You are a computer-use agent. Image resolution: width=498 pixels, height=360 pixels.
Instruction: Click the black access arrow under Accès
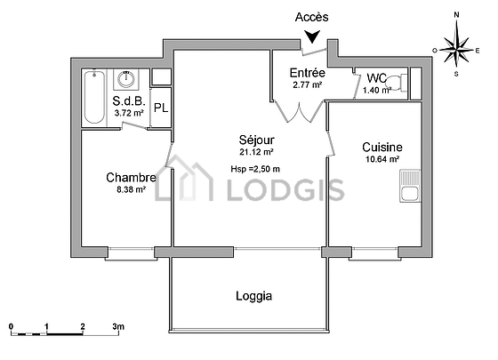(312, 36)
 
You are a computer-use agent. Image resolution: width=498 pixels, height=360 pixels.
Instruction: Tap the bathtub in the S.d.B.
(94, 98)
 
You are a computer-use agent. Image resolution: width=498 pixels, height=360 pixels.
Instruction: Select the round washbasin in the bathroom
(126, 79)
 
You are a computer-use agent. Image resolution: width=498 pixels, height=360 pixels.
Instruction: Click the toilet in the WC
(397, 83)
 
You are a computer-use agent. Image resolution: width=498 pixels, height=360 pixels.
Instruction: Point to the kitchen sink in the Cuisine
(410, 186)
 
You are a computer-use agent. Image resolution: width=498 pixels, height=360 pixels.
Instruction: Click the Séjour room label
(257, 140)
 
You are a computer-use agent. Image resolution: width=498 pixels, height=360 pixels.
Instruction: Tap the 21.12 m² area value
(257, 152)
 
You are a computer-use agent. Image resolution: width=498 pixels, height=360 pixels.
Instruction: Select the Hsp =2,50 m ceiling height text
(255, 169)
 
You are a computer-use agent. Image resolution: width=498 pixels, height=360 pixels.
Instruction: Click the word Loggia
(253, 296)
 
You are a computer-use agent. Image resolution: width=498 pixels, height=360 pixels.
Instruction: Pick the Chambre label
(132, 178)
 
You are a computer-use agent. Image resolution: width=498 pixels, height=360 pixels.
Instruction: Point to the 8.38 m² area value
(132, 190)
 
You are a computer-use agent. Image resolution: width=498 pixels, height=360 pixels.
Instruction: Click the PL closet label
(161, 108)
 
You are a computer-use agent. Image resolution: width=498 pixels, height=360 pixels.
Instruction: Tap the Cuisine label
(382, 147)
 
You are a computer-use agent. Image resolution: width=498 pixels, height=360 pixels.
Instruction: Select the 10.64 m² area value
(382, 159)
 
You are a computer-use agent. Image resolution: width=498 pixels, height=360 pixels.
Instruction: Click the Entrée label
(308, 73)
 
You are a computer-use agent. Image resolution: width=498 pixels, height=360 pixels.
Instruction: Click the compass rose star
(456, 50)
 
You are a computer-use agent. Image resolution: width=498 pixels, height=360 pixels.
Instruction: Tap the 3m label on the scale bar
(118, 326)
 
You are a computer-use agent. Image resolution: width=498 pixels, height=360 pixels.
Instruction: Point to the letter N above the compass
(457, 15)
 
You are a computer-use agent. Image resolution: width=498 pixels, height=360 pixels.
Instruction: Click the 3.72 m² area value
(129, 113)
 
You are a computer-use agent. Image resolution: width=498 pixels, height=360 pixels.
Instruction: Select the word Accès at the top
(311, 17)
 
